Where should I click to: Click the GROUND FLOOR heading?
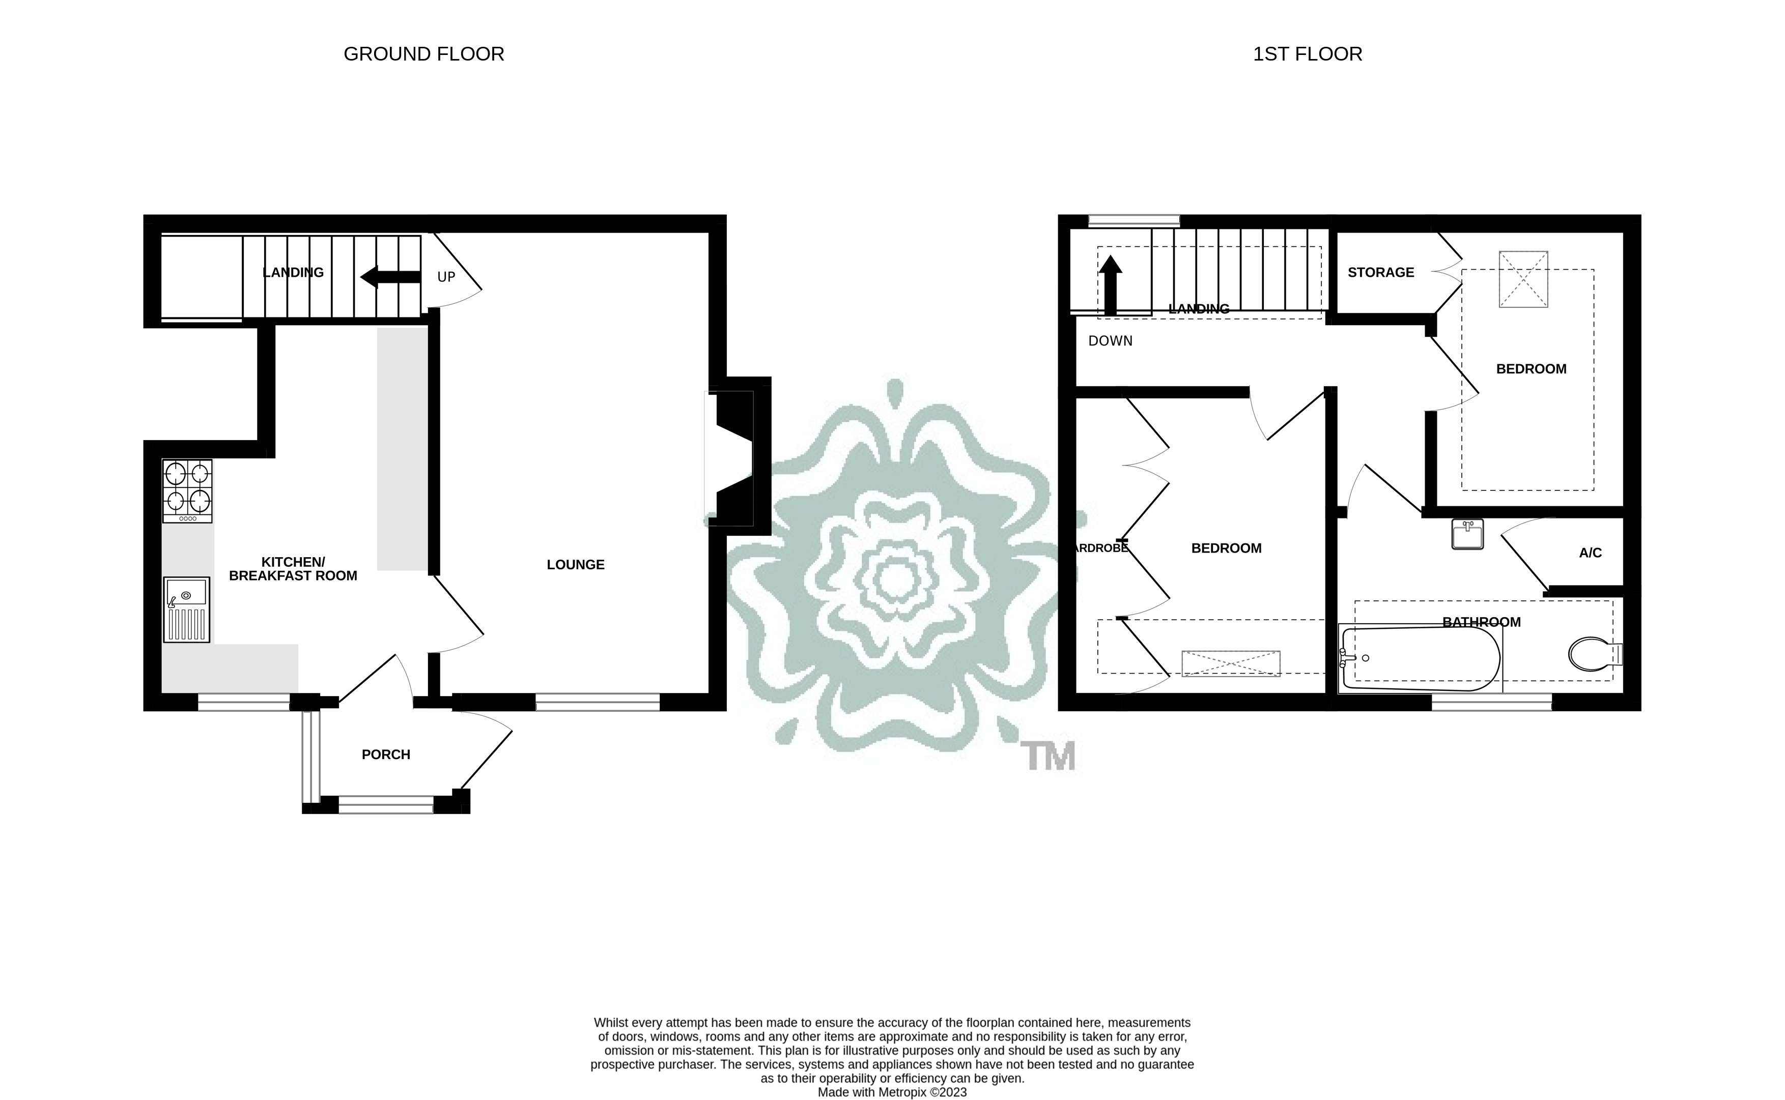tap(423, 54)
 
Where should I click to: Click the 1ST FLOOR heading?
tap(1307, 54)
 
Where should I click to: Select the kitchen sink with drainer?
tap(187, 610)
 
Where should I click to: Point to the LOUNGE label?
tap(575, 565)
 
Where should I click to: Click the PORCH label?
tap(386, 755)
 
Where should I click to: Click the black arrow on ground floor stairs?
tap(390, 276)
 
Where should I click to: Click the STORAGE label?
tap(1380, 273)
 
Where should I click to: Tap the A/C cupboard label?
tap(1590, 553)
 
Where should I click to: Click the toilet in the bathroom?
tap(1594, 654)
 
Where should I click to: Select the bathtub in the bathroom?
tap(1419, 658)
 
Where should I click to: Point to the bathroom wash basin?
tap(1466, 534)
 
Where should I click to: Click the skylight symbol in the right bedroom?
tap(1523, 279)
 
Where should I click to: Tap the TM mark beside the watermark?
tap(1048, 757)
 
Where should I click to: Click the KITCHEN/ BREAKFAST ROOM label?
tap(293, 569)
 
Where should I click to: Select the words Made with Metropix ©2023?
tap(892, 1092)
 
